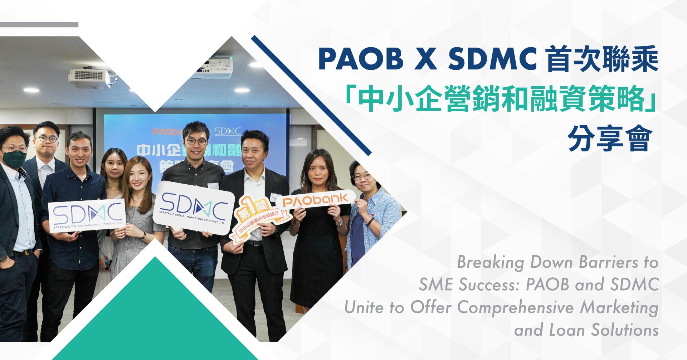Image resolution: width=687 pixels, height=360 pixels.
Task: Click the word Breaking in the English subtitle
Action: pyautogui.click(x=491, y=262)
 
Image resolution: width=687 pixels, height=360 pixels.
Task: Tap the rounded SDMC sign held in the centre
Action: pyautogui.click(x=194, y=208)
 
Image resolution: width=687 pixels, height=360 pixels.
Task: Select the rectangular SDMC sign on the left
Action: pyautogui.click(x=87, y=216)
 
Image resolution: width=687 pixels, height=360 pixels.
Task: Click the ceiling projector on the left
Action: pyautogui.click(x=89, y=77)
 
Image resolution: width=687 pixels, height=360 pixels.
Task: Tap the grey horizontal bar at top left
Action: pyautogui.click(x=39, y=25)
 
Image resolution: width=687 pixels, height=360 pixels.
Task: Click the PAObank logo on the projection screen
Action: pyautogui.click(x=166, y=132)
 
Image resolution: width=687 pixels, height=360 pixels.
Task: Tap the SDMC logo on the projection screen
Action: pyautogui.click(x=228, y=131)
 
